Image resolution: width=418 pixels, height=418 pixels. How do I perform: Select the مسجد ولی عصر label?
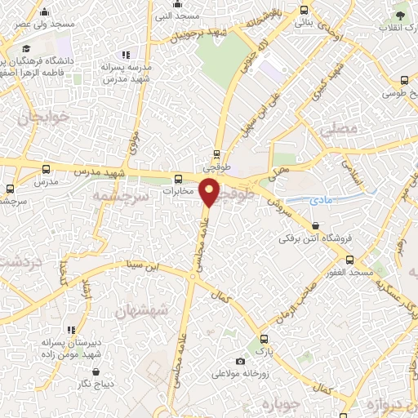pyautogui.click(x=45, y=24)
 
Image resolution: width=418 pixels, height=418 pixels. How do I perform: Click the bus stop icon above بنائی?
pyautogui.click(x=305, y=11)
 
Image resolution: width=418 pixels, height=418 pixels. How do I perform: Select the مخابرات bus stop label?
pyautogui.click(x=177, y=191)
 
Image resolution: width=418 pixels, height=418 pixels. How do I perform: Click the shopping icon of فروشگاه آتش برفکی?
pyautogui.click(x=315, y=226)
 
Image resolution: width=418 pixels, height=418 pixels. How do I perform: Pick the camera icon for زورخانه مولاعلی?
pyautogui.click(x=239, y=362)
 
